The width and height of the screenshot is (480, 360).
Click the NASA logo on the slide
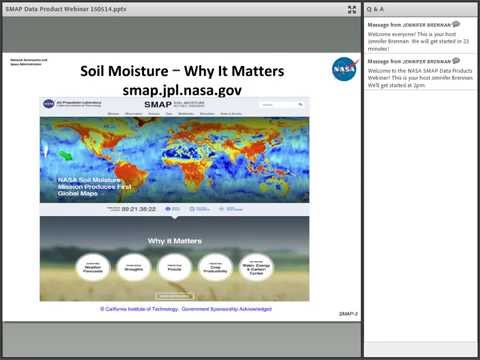(x=345, y=69)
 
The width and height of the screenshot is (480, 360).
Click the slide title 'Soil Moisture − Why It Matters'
(x=181, y=72)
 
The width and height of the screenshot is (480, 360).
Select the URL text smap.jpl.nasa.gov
(x=181, y=89)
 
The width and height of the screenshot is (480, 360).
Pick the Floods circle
(x=175, y=267)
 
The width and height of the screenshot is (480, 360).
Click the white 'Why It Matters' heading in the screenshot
(x=174, y=241)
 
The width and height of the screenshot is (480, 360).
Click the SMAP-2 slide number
(x=348, y=314)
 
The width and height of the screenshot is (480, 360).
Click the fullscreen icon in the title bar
(x=352, y=9)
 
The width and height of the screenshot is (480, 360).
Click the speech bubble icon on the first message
(x=456, y=24)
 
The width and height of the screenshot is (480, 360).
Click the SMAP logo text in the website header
(x=160, y=103)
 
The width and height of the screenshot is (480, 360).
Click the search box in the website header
(x=279, y=104)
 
